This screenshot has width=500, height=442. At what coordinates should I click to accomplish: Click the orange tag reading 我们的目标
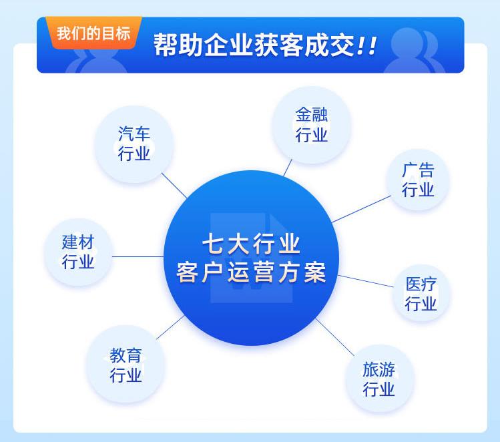(x=93, y=33)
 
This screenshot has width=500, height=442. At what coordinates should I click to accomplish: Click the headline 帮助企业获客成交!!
(x=265, y=45)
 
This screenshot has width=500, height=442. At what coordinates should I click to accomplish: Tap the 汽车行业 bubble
(x=134, y=144)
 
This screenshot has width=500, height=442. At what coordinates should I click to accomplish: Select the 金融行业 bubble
(x=311, y=125)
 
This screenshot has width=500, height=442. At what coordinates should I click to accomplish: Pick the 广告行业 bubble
(x=418, y=180)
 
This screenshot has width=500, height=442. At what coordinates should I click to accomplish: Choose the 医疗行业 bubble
(x=421, y=292)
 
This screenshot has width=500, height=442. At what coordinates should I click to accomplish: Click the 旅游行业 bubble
(x=379, y=379)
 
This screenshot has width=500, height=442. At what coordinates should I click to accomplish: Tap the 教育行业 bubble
(x=126, y=364)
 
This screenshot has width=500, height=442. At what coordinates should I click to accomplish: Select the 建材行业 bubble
(x=78, y=252)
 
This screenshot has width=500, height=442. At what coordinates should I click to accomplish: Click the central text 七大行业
(x=251, y=244)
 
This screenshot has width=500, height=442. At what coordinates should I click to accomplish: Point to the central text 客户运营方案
(x=251, y=272)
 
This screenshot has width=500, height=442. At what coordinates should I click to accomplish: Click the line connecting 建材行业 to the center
(x=138, y=256)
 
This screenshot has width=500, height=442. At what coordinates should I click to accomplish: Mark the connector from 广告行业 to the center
(x=361, y=209)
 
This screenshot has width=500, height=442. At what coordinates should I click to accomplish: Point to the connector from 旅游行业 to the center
(x=335, y=337)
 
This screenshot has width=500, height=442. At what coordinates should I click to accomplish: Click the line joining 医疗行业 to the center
(x=366, y=281)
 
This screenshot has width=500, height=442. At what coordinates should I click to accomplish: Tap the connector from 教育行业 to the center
(x=170, y=327)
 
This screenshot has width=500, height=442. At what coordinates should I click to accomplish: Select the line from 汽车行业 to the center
(x=174, y=186)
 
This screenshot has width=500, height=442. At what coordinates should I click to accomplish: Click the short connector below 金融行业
(x=288, y=168)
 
